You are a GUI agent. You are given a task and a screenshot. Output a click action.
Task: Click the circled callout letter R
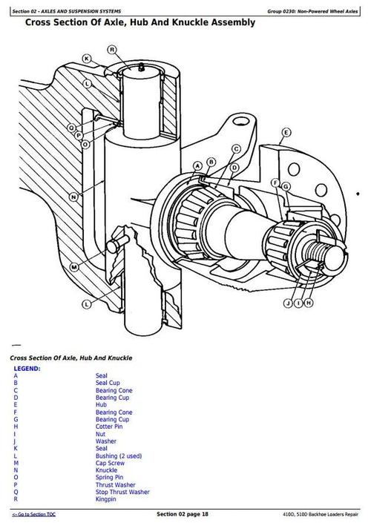tap(111, 50)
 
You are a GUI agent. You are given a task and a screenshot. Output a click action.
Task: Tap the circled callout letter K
tap(86, 59)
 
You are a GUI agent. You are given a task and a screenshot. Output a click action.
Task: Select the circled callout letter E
tap(284, 134)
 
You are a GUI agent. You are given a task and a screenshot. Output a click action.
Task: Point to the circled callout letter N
tap(73, 197)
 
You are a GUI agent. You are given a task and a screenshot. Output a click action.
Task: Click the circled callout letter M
tap(74, 266)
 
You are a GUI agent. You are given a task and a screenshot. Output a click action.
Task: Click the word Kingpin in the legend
tap(107, 499)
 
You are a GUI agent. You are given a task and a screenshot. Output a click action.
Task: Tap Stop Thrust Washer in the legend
tap(122, 492)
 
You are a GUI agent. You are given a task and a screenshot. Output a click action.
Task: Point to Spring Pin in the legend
tap(109, 477)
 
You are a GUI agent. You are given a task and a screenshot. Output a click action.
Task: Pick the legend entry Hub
tap(101, 404)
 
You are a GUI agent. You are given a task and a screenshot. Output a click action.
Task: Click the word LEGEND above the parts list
tap(27, 368)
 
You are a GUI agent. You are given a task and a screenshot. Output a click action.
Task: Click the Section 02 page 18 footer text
tap(183, 514)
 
